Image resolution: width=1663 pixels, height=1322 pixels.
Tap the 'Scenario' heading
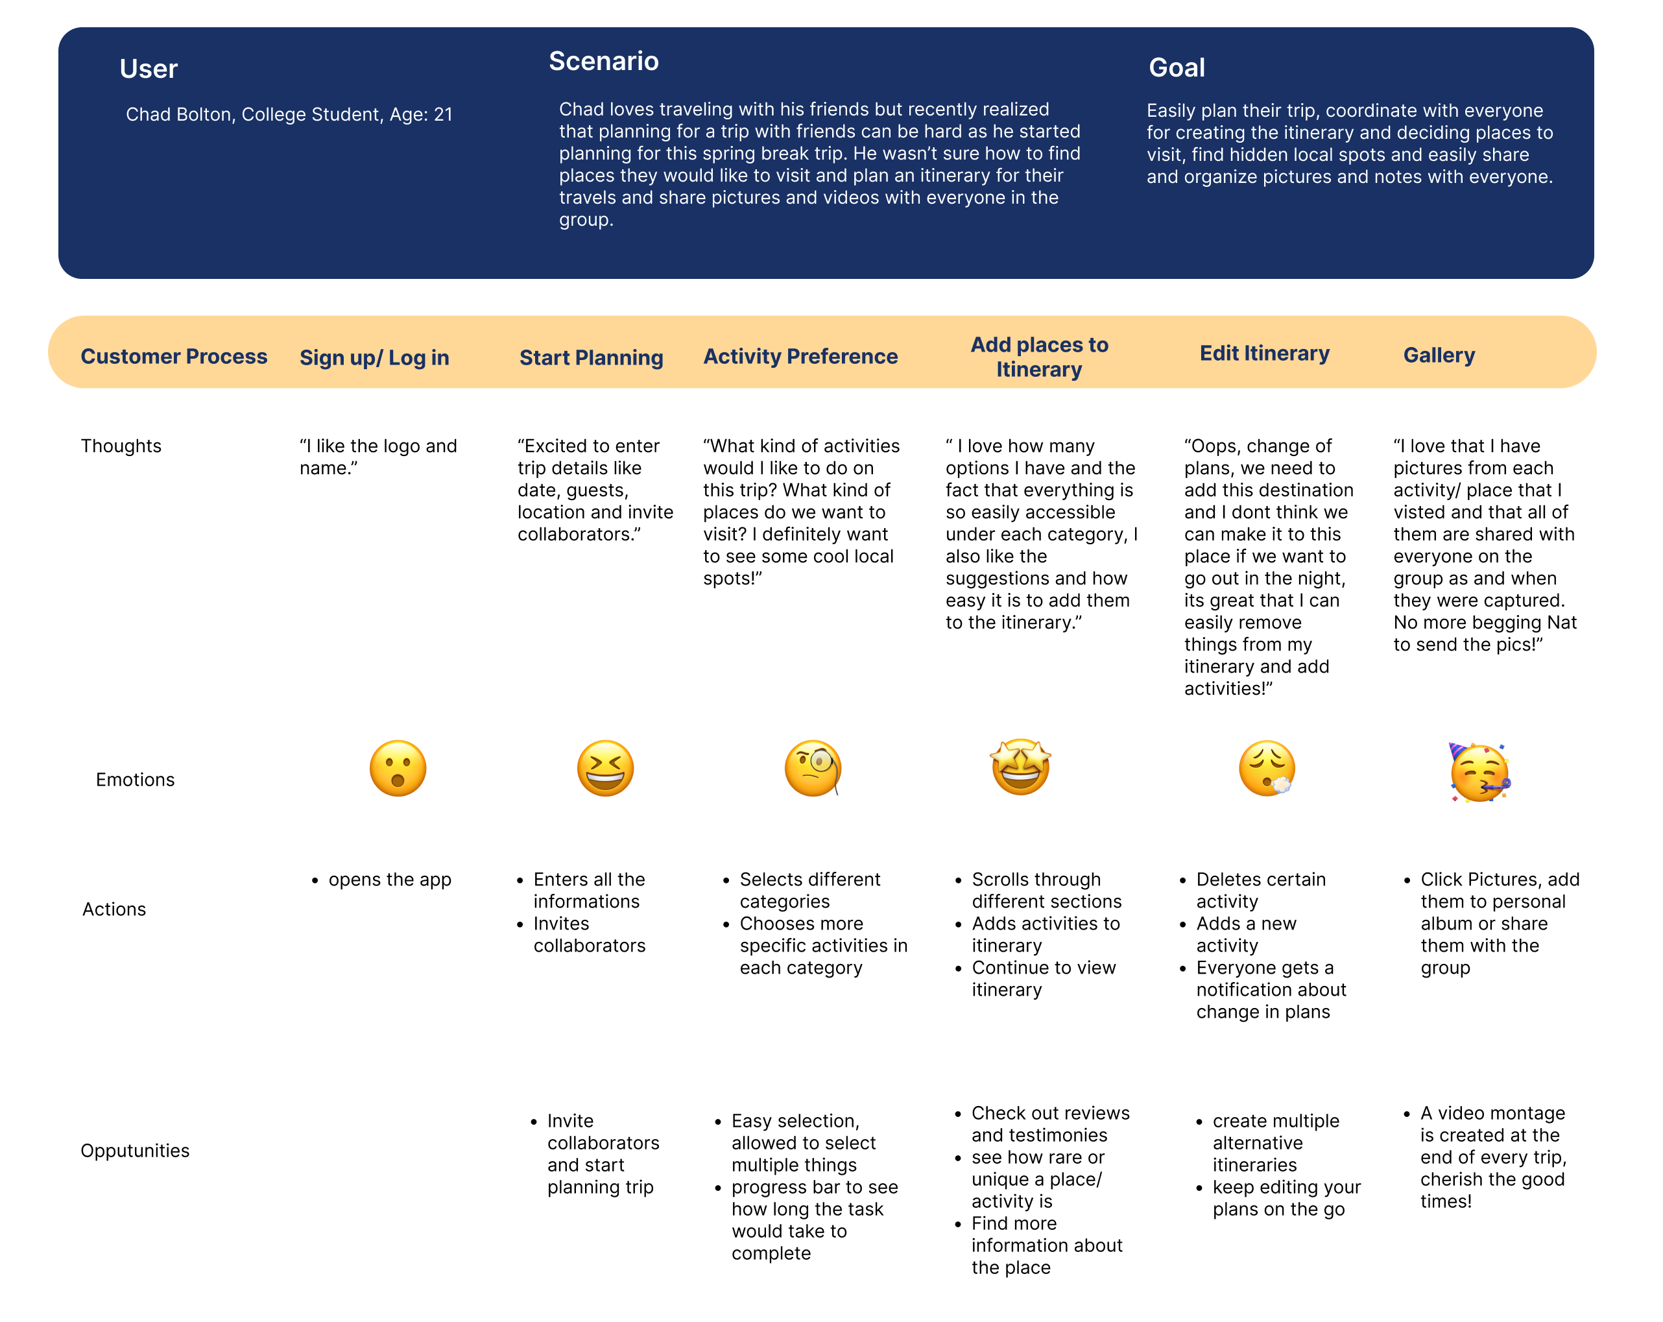pyautogui.click(x=603, y=62)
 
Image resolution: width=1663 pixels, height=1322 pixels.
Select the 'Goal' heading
pyautogui.click(x=1177, y=68)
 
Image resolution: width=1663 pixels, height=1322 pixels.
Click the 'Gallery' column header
pyautogui.click(x=1439, y=355)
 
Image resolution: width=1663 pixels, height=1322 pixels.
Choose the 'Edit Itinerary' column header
pyautogui.click(x=1264, y=354)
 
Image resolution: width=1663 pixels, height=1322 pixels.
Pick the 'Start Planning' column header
pyautogui.click(x=591, y=358)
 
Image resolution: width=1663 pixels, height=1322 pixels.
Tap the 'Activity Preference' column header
pyautogui.click(x=800, y=356)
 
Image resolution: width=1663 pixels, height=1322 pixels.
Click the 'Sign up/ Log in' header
pyautogui.click(x=374, y=358)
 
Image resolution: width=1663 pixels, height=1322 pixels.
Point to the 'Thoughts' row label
pyautogui.click(x=121, y=446)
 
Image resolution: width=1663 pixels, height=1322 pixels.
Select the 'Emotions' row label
pyautogui.click(x=135, y=780)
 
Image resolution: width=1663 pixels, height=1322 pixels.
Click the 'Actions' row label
pyautogui.click(x=114, y=909)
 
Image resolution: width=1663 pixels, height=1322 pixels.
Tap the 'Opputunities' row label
pyautogui.click(x=135, y=1151)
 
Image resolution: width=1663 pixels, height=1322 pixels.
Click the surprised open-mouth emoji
pyautogui.click(x=398, y=768)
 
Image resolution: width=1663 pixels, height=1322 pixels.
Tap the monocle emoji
pyautogui.click(x=812, y=768)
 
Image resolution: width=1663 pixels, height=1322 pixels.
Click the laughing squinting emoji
pyautogui.click(x=606, y=768)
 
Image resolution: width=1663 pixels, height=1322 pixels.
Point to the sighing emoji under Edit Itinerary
pyautogui.click(x=1267, y=768)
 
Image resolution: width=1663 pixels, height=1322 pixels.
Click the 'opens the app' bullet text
pyautogui.click(x=390, y=880)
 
